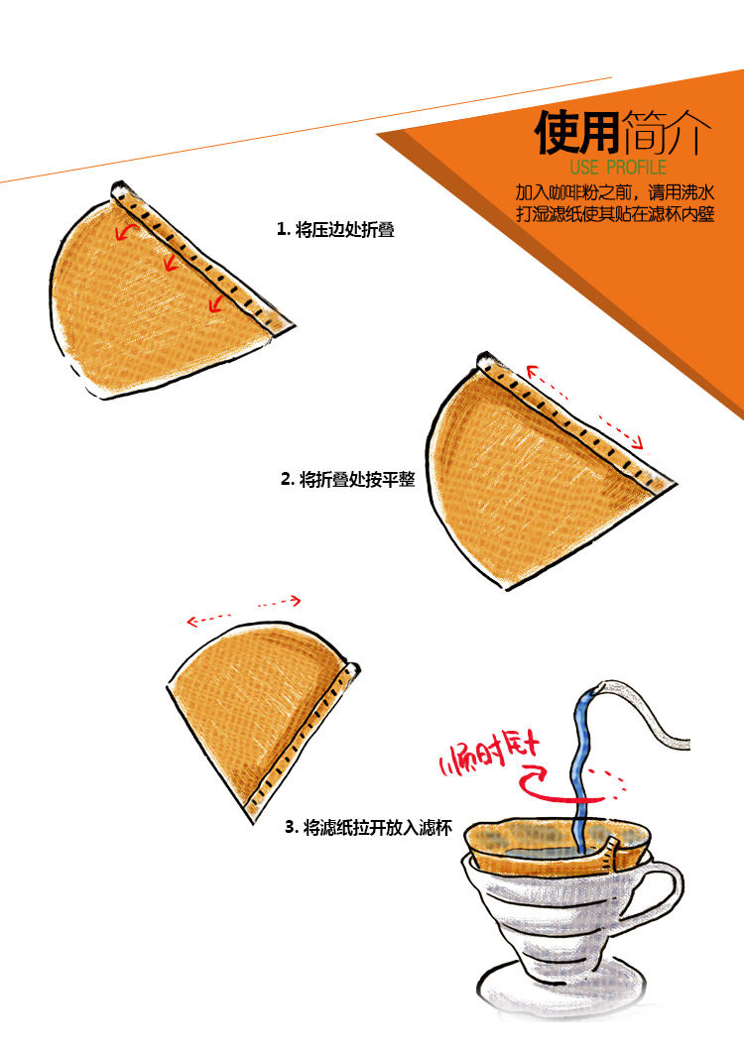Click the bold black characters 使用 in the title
pyautogui.click(x=578, y=133)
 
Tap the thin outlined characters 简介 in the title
pyautogui.click(x=668, y=133)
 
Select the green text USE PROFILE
pyautogui.click(x=619, y=168)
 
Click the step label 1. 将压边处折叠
pyautogui.click(x=335, y=229)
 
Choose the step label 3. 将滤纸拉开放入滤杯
pyautogui.click(x=368, y=826)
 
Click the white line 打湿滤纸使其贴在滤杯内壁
pyautogui.click(x=615, y=214)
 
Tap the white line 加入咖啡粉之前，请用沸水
pyautogui.click(x=615, y=191)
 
